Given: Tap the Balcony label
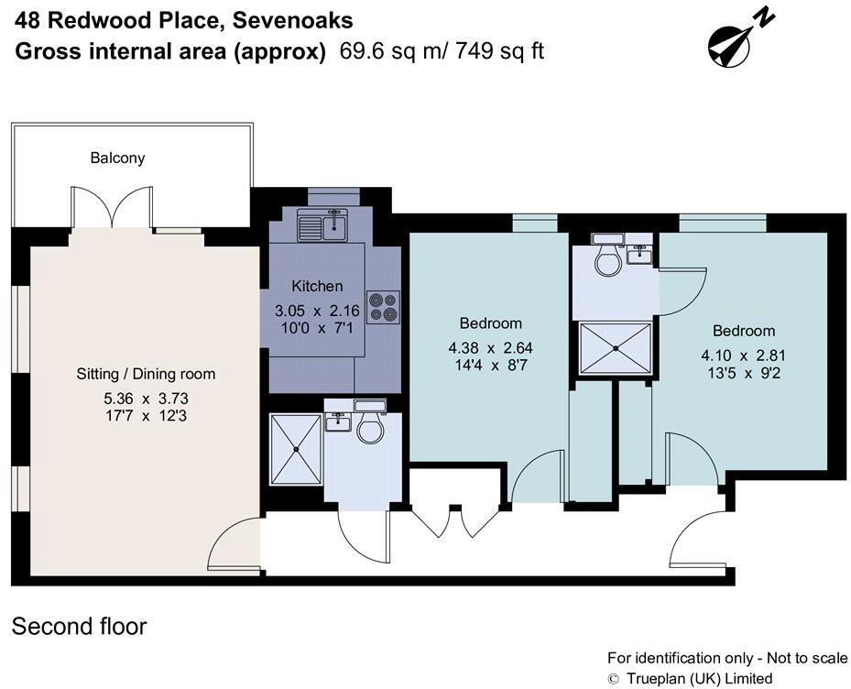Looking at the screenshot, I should pos(117,158).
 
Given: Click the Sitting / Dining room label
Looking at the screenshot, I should pos(146,374).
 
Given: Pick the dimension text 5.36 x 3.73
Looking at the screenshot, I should pos(146,399).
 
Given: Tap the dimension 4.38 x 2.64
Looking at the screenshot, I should pos(490,348).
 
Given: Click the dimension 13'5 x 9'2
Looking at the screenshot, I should pos(744,373).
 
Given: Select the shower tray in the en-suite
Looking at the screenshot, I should pos(616,349).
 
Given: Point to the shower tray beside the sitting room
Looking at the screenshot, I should pos(296,446).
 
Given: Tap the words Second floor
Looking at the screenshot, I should pos(79,627).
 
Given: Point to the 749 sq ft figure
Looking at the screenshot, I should pos(502,51).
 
